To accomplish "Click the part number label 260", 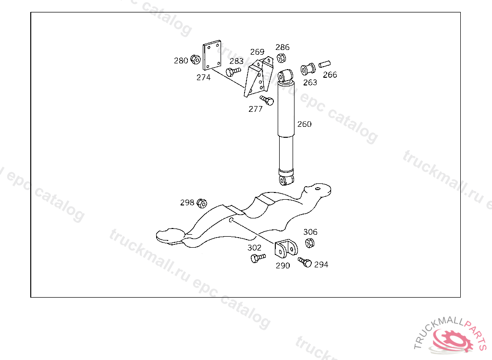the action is [304, 124].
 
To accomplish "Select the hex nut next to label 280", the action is [195, 60].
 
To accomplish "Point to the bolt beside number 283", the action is [233, 72].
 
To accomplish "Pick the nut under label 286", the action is [282, 58].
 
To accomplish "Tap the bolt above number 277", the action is [267, 100].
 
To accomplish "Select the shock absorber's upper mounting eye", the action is [286, 76].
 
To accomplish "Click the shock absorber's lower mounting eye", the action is [286, 180].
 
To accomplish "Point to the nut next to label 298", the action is [202, 203].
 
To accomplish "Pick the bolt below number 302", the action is [257, 258].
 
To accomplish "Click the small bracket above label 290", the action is [286, 249].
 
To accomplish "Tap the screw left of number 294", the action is [305, 262].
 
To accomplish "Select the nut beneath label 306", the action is [310, 243].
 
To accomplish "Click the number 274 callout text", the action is [203, 77].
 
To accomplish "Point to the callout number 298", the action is [187, 203].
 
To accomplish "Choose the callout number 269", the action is [257, 52].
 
